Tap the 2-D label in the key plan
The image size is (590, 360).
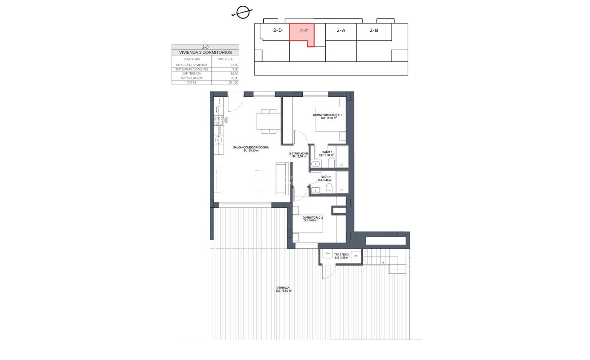277,31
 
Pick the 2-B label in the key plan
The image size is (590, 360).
374,31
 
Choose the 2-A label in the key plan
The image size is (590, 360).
341,31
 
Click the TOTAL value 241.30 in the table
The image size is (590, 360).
233,83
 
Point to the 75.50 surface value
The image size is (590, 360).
234,65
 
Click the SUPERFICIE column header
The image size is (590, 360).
226,59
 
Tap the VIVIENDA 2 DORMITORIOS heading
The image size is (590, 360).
205,53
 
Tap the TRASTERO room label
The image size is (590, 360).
342,255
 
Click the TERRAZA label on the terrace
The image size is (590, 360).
283,288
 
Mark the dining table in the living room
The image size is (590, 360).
269,121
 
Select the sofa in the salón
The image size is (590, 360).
282,179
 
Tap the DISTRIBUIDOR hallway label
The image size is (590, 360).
298,154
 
